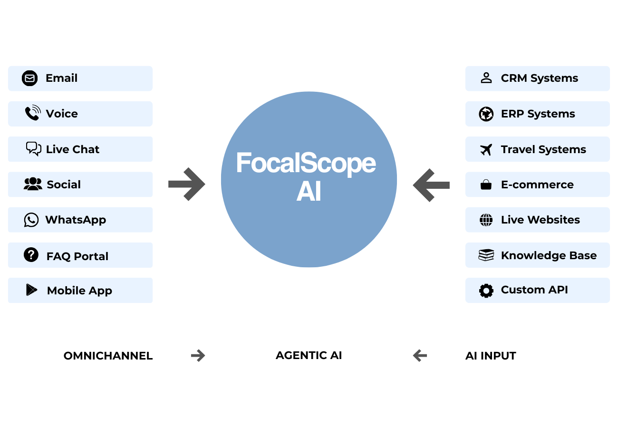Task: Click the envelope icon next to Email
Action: (30, 78)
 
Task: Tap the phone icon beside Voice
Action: (33, 113)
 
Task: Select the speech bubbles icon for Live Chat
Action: (34, 149)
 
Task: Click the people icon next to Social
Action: (33, 184)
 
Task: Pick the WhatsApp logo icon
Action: (31, 220)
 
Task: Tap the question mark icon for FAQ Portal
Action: (31, 254)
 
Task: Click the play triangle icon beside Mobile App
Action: (31, 290)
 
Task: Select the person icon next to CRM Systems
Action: (486, 78)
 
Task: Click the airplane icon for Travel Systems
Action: (486, 150)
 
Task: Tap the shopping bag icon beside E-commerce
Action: (486, 185)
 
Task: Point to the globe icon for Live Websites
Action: (486, 220)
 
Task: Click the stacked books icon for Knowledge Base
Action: (486, 255)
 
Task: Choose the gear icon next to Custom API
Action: (486, 291)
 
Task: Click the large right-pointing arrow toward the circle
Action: (187, 184)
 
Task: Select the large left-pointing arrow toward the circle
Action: (431, 185)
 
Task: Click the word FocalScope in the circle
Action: (306, 163)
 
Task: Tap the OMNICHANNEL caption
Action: (108, 356)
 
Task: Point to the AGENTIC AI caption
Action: (309, 355)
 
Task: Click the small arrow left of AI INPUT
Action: (420, 355)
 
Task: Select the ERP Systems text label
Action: (538, 114)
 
